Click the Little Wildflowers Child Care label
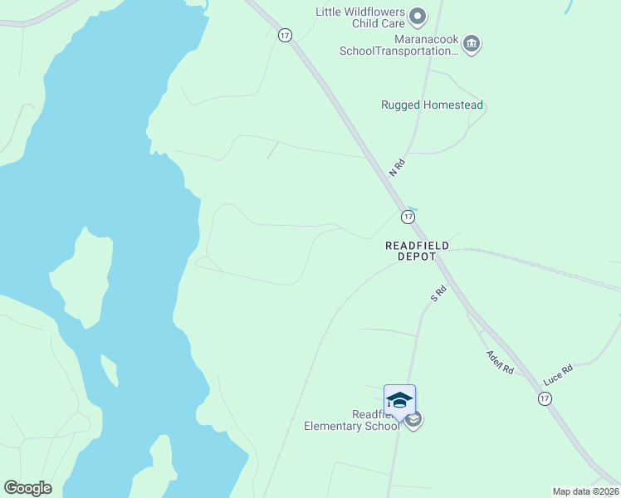click(x=359, y=17)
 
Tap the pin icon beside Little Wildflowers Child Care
click(x=418, y=16)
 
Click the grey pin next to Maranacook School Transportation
click(x=472, y=43)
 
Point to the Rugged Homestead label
click(x=432, y=105)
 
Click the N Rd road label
click(x=397, y=166)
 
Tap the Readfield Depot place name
click(x=417, y=251)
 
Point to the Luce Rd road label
click(x=558, y=373)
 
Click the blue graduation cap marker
click(x=399, y=400)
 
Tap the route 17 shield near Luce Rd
click(x=544, y=399)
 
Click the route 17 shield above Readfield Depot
click(x=408, y=217)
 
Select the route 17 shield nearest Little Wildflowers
click(x=285, y=35)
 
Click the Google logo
click(x=27, y=488)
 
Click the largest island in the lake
click(x=84, y=277)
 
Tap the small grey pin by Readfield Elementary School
click(x=414, y=420)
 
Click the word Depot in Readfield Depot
click(x=417, y=257)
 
